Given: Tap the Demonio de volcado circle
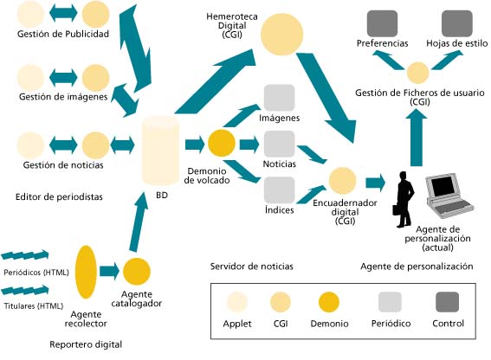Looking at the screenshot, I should [222, 141].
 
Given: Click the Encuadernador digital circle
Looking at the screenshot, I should [342, 180].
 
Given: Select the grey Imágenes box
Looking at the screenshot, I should [279, 96].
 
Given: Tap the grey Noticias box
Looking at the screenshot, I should [279, 143].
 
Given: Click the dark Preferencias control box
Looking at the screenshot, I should [382, 22].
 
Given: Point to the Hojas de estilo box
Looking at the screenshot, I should [456, 22].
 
